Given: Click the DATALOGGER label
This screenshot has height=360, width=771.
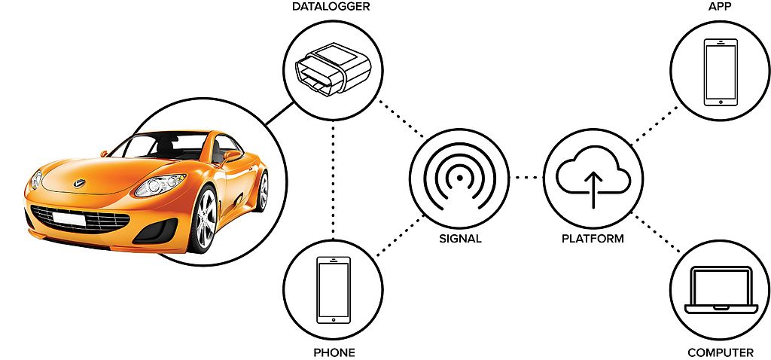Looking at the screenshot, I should (331, 8).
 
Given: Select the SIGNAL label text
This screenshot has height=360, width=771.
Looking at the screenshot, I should (459, 239).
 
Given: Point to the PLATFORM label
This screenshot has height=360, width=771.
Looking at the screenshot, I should (593, 239).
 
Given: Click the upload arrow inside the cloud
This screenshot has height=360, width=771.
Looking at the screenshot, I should (593, 188).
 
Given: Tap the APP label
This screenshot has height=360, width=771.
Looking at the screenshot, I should (720, 8).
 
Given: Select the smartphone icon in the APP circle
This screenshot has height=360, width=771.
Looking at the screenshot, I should (720, 72).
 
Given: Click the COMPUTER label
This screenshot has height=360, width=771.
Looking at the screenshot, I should (720, 352).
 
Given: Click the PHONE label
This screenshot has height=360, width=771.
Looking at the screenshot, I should (334, 352).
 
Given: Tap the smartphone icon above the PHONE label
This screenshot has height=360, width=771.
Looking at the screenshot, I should (334, 290).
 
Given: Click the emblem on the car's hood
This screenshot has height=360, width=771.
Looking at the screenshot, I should (78, 182).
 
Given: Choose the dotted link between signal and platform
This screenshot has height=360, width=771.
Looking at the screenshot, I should (526, 178).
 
